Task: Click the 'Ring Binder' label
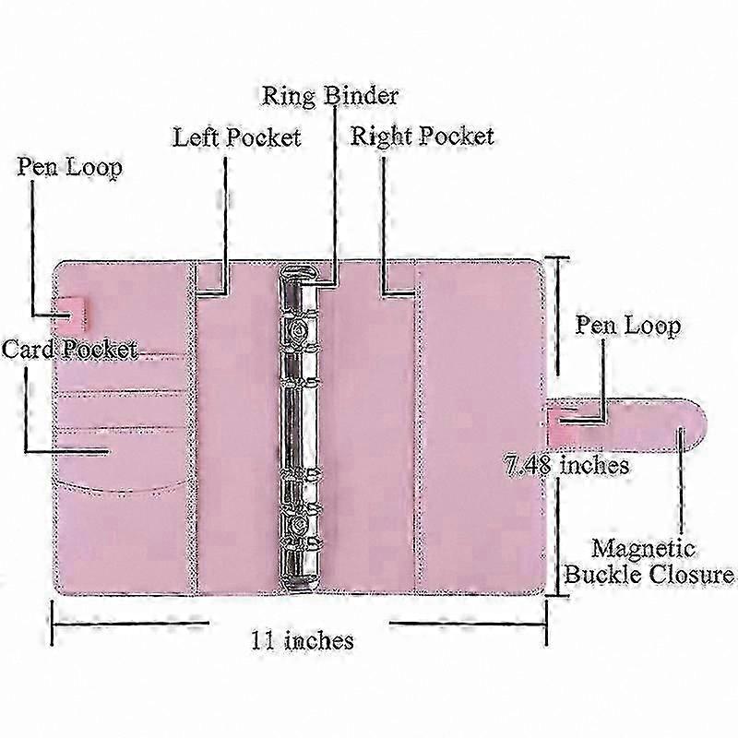pyautogui.click(x=330, y=96)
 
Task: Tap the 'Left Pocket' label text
pyautogui.click(x=237, y=137)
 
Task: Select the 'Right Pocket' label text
pyautogui.click(x=423, y=137)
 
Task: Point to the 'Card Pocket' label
pyautogui.click(x=69, y=350)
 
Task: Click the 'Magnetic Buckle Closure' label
pyautogui.click(x=649, y=562)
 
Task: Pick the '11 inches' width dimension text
pyautogui.click(x=303, y=640)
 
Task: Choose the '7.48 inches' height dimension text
pyautogui.click(x=566, y=465)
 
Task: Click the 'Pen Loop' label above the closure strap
pyautogui.click(x=628, y=327)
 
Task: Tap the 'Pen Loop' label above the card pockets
pyautogui.click(x=70, y=167)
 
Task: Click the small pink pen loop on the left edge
pyautogui.click(x=73, y=313)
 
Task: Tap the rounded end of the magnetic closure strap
pyautogui.click(x=696, y=425)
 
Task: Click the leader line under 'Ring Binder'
pyautogui.click(x=335, y=196)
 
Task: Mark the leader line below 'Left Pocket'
pyautogui.click(x=225, y=225)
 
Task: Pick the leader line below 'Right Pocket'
pyautogui.click(x=384, y=226)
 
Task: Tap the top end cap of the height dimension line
pyautogui.click(x=558, y=258)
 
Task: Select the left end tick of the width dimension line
pyautogui.click(x=53, y=624)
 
